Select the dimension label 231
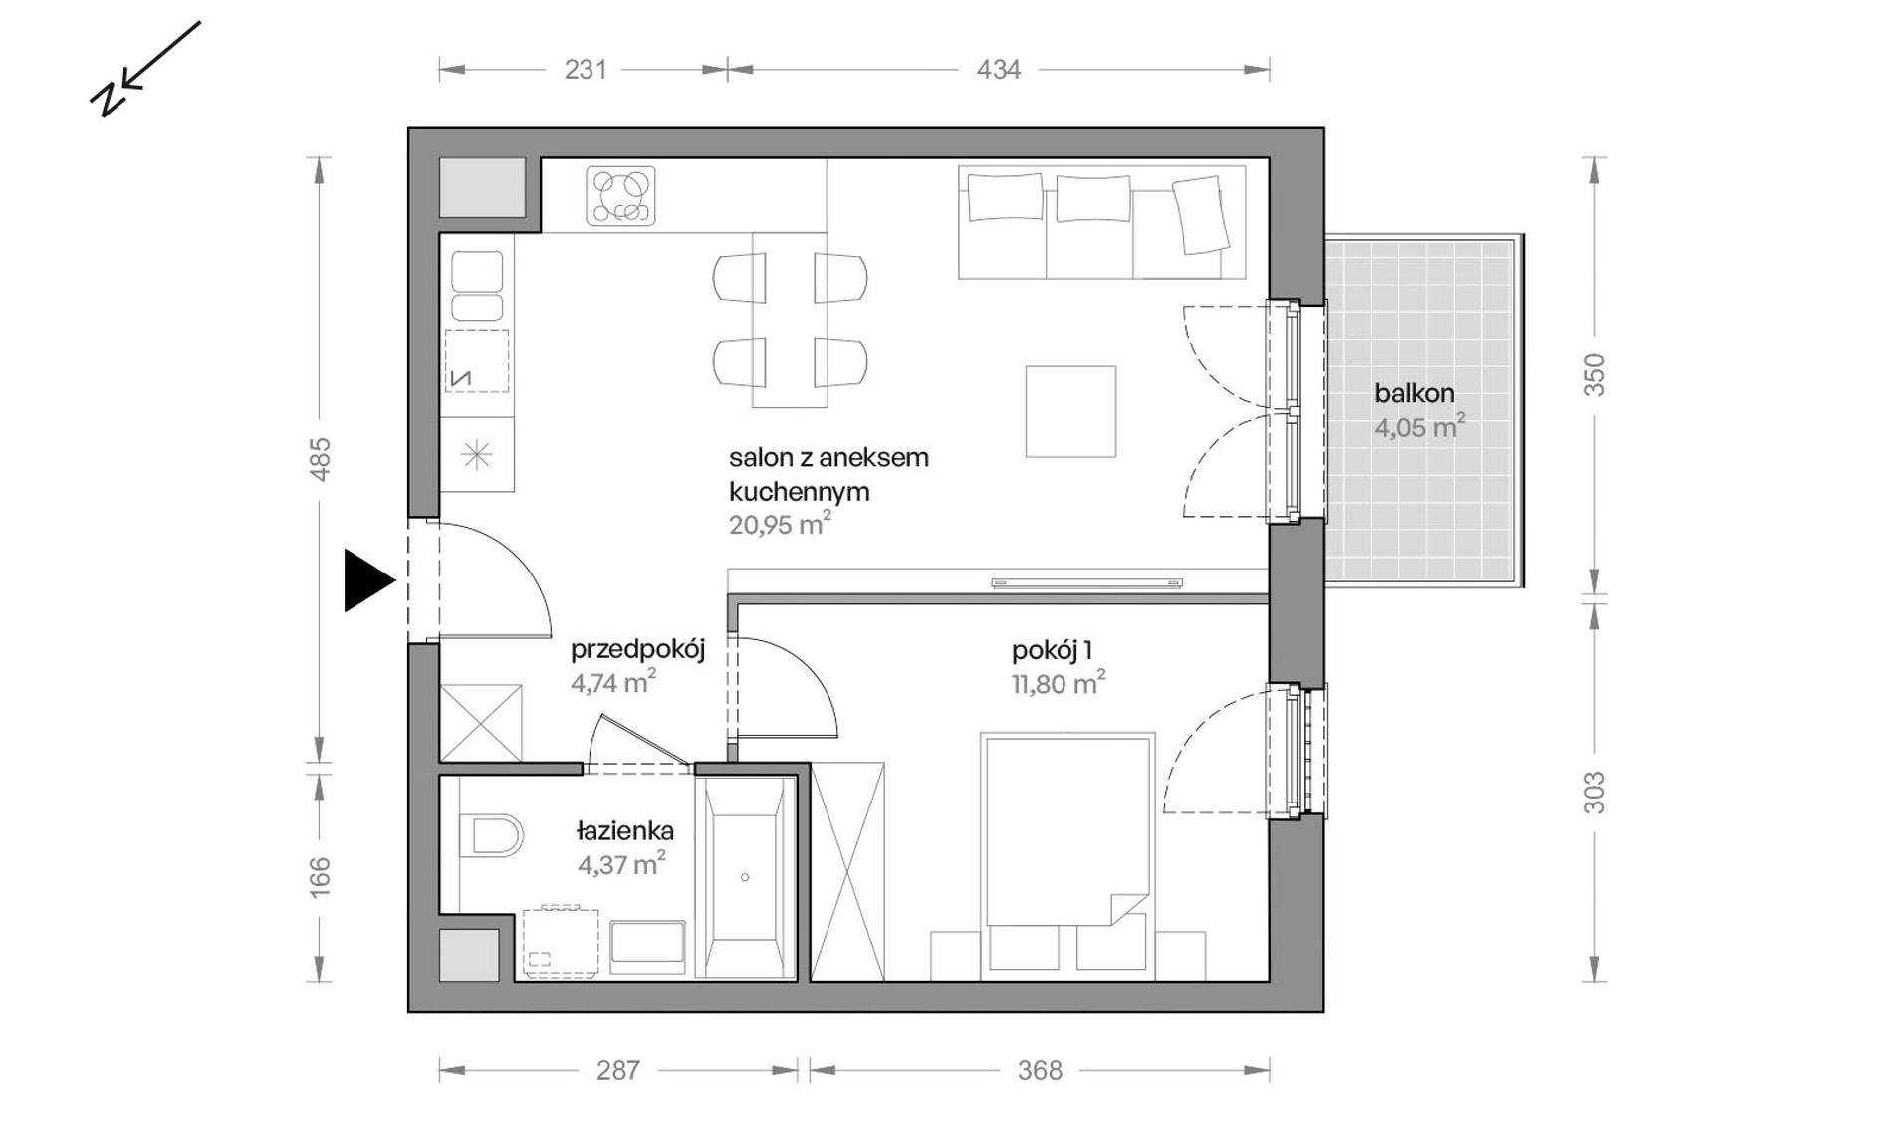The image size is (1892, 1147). [x=586, y=69]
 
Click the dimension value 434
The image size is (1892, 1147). [x=999, y=69]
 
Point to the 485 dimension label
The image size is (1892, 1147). [x=320, y=459]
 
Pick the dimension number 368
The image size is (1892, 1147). [x=1040, y=1070]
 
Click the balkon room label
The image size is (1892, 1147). [x=1414, y=393]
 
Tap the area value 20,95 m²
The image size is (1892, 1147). [x=780, y=524]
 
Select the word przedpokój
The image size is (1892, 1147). [x=637, y=651]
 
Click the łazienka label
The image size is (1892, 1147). [x=625, y=830]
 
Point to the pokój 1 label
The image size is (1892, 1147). [x=1053, y=651]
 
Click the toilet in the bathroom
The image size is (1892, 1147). [x=492, y=836]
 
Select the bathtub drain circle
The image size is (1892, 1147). [x=745, y=877]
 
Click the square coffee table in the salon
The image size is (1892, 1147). [x=1071, y=411]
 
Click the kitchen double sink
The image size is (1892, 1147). [x=478, y=285]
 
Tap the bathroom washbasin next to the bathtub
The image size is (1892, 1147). [x=648, y=947]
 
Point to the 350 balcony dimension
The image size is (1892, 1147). [x=1595, y=375]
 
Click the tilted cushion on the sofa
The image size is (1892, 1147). [x=1200, y=214]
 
